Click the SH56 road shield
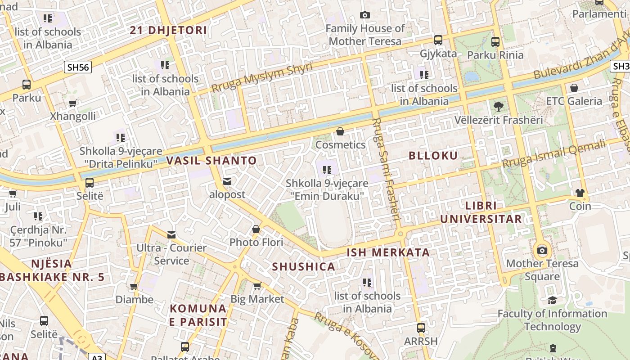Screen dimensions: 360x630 [78, 67]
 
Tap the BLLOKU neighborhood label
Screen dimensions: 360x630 [433, 156]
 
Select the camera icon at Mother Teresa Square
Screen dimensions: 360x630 [542, 250]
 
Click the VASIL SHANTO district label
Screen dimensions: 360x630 [211, 161]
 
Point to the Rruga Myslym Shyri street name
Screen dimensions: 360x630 [262, 77]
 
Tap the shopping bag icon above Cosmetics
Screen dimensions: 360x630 [340, 131]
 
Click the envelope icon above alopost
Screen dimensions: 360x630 [227, 181]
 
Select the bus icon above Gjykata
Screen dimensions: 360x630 [438, 40]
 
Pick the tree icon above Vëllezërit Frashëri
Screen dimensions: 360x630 [498, 107]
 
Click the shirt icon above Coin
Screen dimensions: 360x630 [580, 193]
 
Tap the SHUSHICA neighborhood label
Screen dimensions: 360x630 [304, 267]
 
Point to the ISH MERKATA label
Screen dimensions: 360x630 [388, 252]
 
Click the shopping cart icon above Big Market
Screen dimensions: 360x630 [257, 286]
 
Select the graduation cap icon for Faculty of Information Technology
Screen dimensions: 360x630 [552, 300]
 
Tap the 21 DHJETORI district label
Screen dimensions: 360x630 [169, 31]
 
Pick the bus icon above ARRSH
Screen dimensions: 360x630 [421, 328]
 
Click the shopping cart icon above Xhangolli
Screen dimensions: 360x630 [73, 103]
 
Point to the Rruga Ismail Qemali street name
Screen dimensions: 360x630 [554, 155]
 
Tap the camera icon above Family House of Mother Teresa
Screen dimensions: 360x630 [365, 15]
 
